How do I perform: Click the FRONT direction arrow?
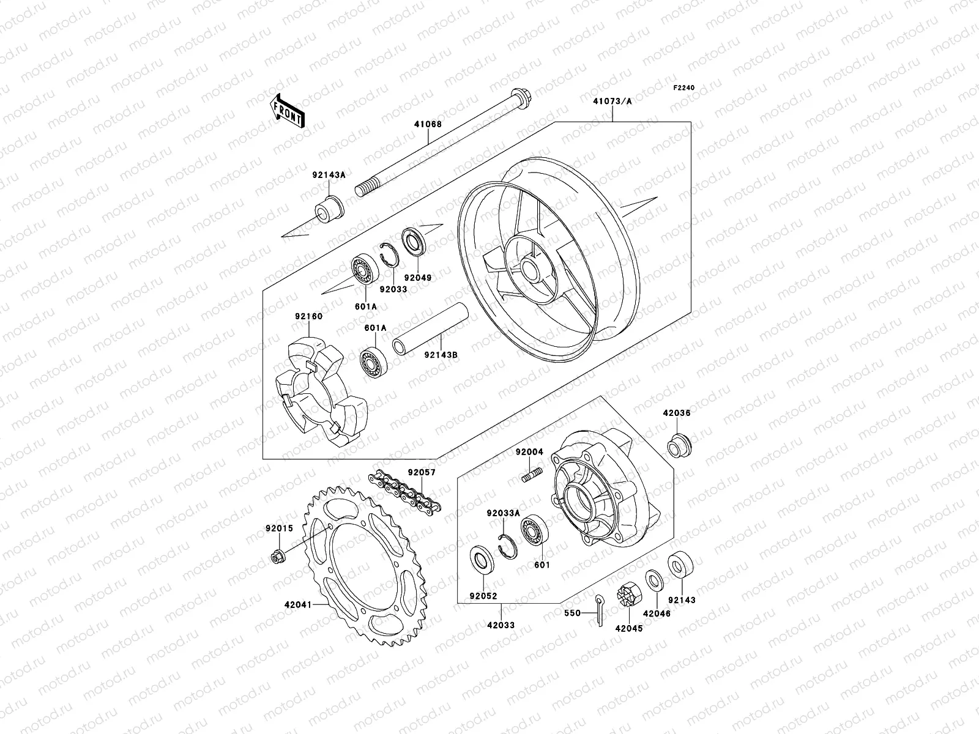coord(297,110)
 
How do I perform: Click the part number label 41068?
coord(426,124)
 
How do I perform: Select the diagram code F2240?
coord(684,88)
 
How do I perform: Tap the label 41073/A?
coord(611,102)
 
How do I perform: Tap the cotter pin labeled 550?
coord(600,611)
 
